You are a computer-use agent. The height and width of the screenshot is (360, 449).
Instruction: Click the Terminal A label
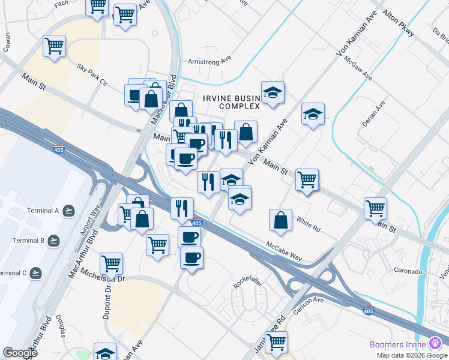(43, 211)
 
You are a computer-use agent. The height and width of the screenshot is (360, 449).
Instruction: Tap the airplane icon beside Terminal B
(55, 241)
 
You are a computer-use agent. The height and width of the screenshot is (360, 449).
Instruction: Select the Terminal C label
(13, 273)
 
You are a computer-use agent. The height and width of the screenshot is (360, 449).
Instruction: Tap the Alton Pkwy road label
(398, 23)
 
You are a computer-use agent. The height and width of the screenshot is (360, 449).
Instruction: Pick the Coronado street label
(408, 271)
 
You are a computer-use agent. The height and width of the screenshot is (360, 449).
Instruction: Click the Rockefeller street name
(245, 282)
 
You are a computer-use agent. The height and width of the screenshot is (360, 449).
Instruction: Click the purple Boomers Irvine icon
(436, 344)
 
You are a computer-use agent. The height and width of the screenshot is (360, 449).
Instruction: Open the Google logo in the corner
(19, 352)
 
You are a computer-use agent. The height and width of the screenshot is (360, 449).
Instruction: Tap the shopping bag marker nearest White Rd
(280, 220)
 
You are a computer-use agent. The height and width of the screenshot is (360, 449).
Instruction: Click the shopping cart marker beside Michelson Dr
(111, 263)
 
